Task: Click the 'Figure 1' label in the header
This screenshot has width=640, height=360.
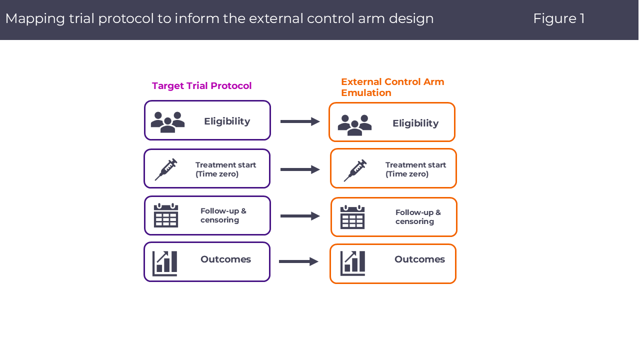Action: [x=558, y=18]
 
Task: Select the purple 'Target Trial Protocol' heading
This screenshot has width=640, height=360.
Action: [x=202, y=86]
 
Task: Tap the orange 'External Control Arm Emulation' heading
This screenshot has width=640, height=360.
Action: [x=392, y=87]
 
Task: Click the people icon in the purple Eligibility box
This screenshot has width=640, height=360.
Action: [x=167, y=121]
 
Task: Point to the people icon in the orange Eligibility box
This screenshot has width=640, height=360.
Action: [x=354, y=125]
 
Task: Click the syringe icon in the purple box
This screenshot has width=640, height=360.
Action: [x=166, y=169]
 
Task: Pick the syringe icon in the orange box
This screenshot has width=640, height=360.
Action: [x=355, y=170]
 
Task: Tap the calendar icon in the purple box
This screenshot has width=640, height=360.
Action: [x=166, y=215]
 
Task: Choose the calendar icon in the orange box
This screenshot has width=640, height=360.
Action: [x=352, y=217]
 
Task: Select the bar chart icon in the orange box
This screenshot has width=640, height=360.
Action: [x=353, y=263]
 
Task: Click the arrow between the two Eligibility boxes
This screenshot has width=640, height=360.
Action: [x=300, y=121]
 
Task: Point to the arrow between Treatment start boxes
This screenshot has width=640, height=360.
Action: [x=300, y=169]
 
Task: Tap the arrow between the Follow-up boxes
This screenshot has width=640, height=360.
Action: [x=300, y=216]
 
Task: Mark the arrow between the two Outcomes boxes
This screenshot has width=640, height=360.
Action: [x=299, y=261]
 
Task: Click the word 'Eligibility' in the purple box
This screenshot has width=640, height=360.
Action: [x=227, y=121]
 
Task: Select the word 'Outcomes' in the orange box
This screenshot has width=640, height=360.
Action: [x=419, y=259]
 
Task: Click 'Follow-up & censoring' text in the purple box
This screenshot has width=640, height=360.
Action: [x=223, y=215]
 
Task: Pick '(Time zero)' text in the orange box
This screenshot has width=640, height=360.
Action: [x=407, y=174]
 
